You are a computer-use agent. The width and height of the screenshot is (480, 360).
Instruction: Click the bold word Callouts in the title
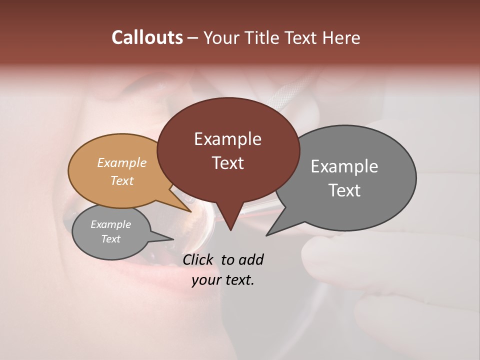point(147,37)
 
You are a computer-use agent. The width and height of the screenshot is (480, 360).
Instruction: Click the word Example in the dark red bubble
point(227,139)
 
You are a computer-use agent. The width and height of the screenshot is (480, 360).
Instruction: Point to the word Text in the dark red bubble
point(227,163)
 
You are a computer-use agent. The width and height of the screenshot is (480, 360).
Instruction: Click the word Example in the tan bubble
point(122,163)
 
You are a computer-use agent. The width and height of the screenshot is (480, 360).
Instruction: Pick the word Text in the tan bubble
point(122,180)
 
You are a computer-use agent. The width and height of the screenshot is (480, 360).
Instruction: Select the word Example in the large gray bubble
point(344,166)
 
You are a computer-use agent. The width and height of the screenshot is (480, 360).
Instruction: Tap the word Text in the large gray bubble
point(344,190)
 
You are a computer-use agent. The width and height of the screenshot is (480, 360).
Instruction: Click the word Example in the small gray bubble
point(110,224)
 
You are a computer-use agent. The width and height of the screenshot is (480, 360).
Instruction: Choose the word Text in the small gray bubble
point(110,239)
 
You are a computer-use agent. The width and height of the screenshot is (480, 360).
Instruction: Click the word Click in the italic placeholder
point(199,259)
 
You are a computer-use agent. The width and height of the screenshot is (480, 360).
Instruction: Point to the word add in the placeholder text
point(250,259)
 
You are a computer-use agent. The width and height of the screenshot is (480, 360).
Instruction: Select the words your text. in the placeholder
point(222,280)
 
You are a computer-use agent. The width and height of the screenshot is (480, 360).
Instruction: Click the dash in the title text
point(193,37)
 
